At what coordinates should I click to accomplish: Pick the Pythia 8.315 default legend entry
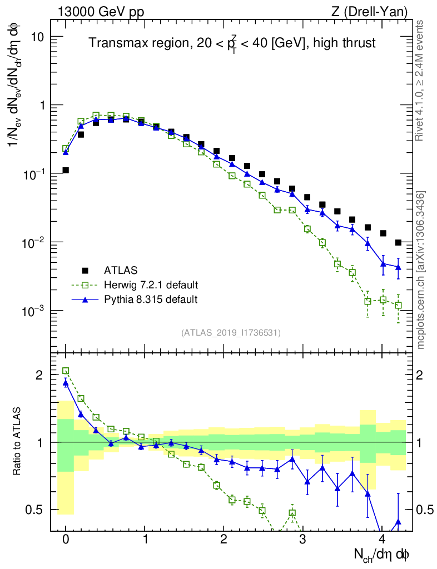pyautogui.click(x=151, y=300)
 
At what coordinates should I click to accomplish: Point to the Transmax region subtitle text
pyautogui.click(x=232, y=43)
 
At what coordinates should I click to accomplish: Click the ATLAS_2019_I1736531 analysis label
pyautogui.click(x=231, y=333)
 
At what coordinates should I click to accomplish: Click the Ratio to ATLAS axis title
pyautogui.click(x=18, y=442)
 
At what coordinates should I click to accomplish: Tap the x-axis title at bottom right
pyautogui.click(x=382, y=554)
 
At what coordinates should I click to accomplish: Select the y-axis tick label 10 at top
pyautogui.click(x=37, y=37)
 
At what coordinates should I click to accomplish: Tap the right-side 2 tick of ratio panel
pyautogui.click(x=423, y=375)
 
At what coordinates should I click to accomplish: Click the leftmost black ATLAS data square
pyautogui.click(x=66, y=170)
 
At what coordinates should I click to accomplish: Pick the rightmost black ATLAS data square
pyautogui.click(x=398, y=242)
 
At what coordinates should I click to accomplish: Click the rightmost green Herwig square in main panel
pyautogui.click(x=398, y=305)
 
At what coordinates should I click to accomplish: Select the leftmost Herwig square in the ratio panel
pyautogui.click(x=66, y=371)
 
